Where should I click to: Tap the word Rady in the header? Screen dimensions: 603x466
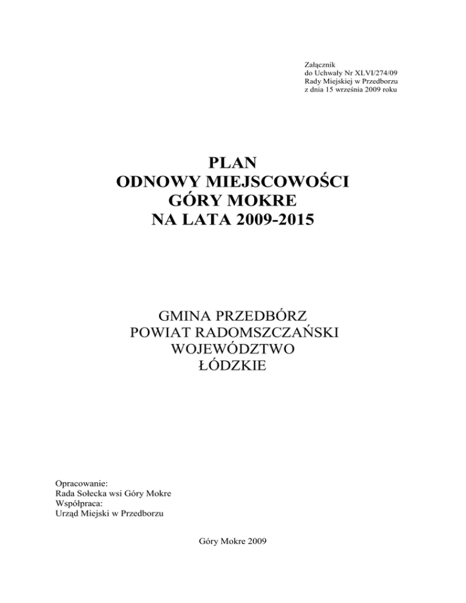click(312, 81)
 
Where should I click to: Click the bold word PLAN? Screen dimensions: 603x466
click(232, 163)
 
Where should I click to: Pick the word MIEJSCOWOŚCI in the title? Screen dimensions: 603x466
click(275, 181)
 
